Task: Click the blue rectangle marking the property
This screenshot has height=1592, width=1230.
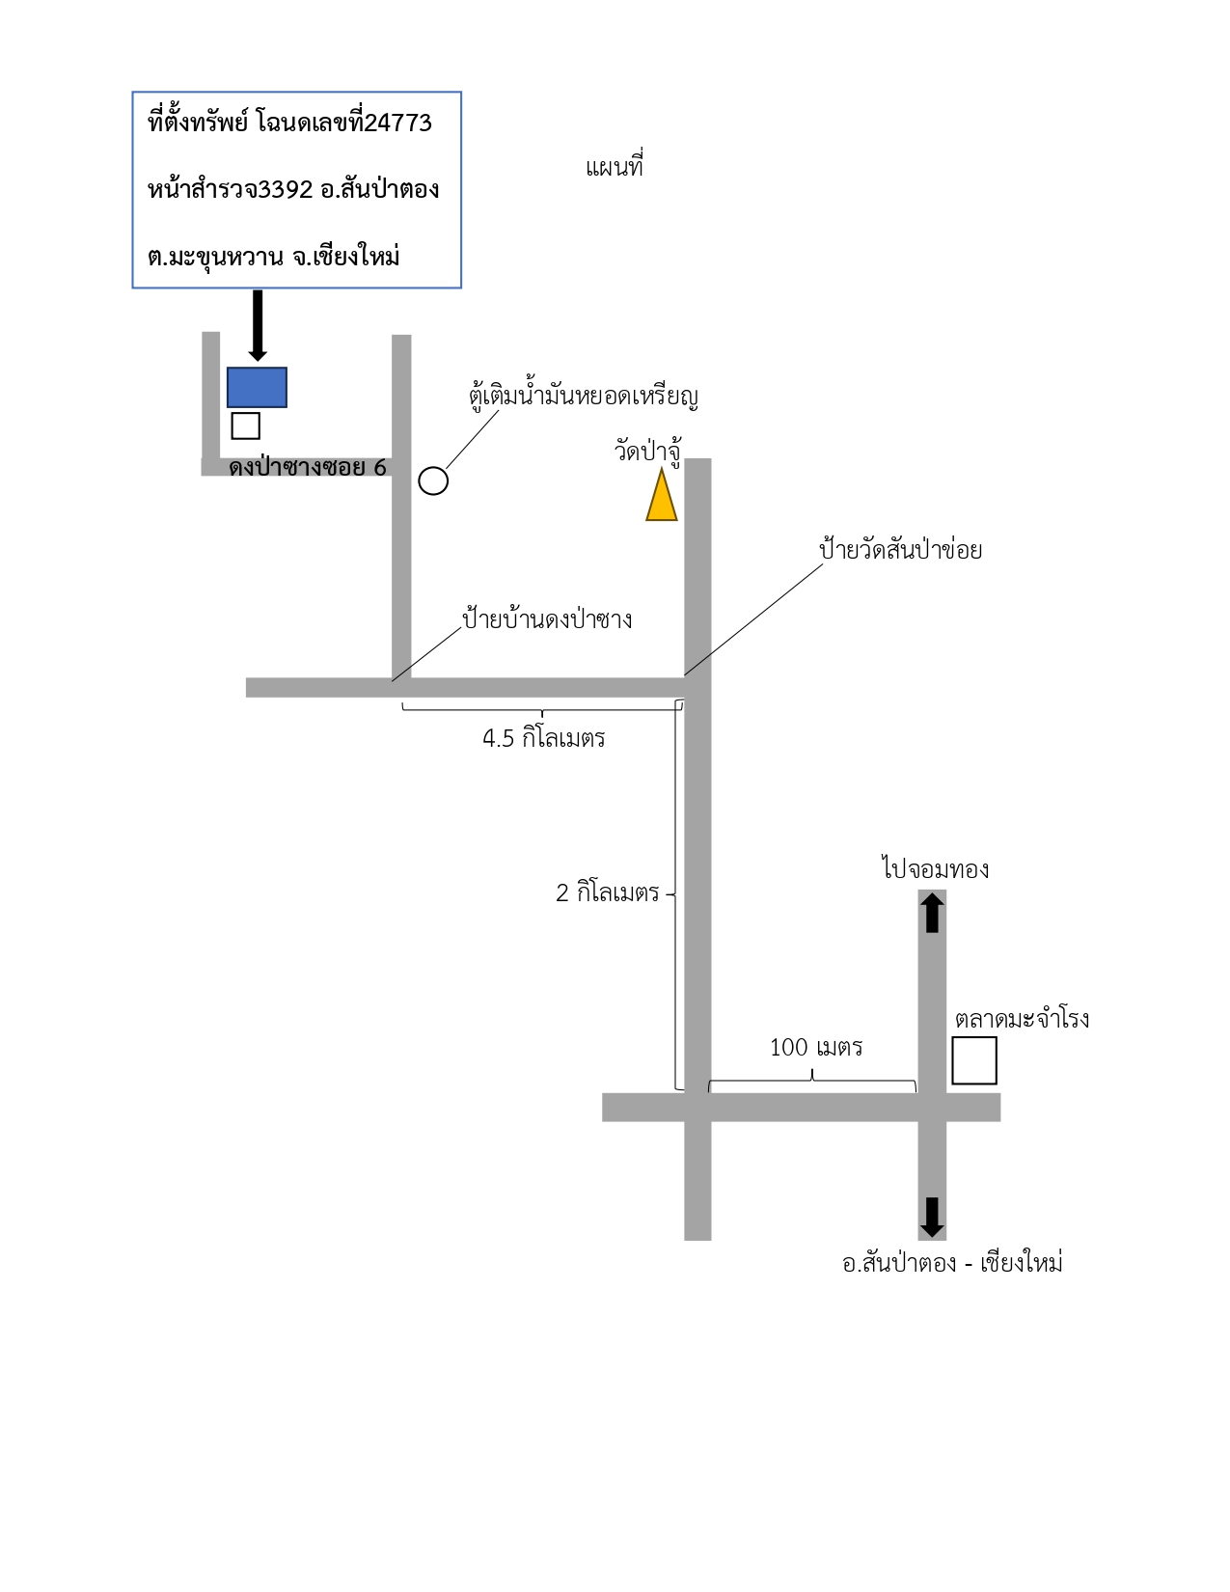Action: [x=257, y=387]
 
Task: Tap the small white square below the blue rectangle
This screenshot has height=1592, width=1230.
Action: [x=245, y=425]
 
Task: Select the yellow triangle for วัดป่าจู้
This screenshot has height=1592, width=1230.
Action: [x=662, y=495]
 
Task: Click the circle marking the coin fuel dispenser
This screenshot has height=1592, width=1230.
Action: [x=433, y=481]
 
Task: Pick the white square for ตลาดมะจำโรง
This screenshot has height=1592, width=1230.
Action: [x=973, y=1060]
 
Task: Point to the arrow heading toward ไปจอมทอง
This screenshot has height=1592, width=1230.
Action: [x=932, y=913]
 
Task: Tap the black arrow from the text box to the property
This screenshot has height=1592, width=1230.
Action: [x=258, y=325]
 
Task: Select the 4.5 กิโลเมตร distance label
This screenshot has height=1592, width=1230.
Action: [x=543, y=738]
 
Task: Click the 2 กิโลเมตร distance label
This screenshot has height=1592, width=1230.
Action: [x=608, y=892]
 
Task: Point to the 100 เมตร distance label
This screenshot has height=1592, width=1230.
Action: [x=815, y=1047]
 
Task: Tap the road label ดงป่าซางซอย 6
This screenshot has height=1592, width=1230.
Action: [x=307, y=467]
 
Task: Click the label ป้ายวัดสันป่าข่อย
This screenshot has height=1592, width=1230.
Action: [x=900, y=548]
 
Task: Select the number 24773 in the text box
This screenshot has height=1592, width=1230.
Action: [x=397, y=124]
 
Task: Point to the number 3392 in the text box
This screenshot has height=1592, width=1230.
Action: [x=286, y=190]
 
